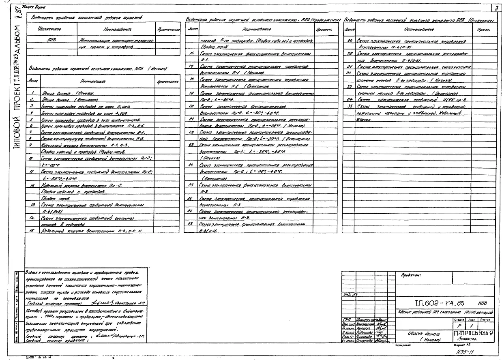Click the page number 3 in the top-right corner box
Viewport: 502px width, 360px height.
(497, 8)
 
